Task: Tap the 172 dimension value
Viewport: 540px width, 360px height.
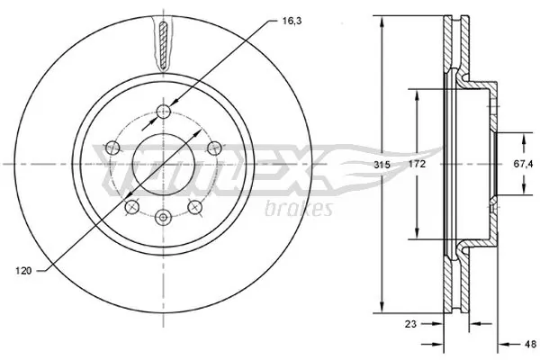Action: click(415, 166)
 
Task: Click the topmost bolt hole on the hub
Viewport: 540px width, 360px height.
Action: click(163, 112)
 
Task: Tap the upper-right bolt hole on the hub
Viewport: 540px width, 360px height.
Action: click(213, 148)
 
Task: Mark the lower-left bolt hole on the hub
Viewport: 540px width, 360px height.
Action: click(131, 207)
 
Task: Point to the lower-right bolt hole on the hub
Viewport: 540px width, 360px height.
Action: click(193, 207)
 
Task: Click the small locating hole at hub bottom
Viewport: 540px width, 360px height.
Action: click(163, 216)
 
